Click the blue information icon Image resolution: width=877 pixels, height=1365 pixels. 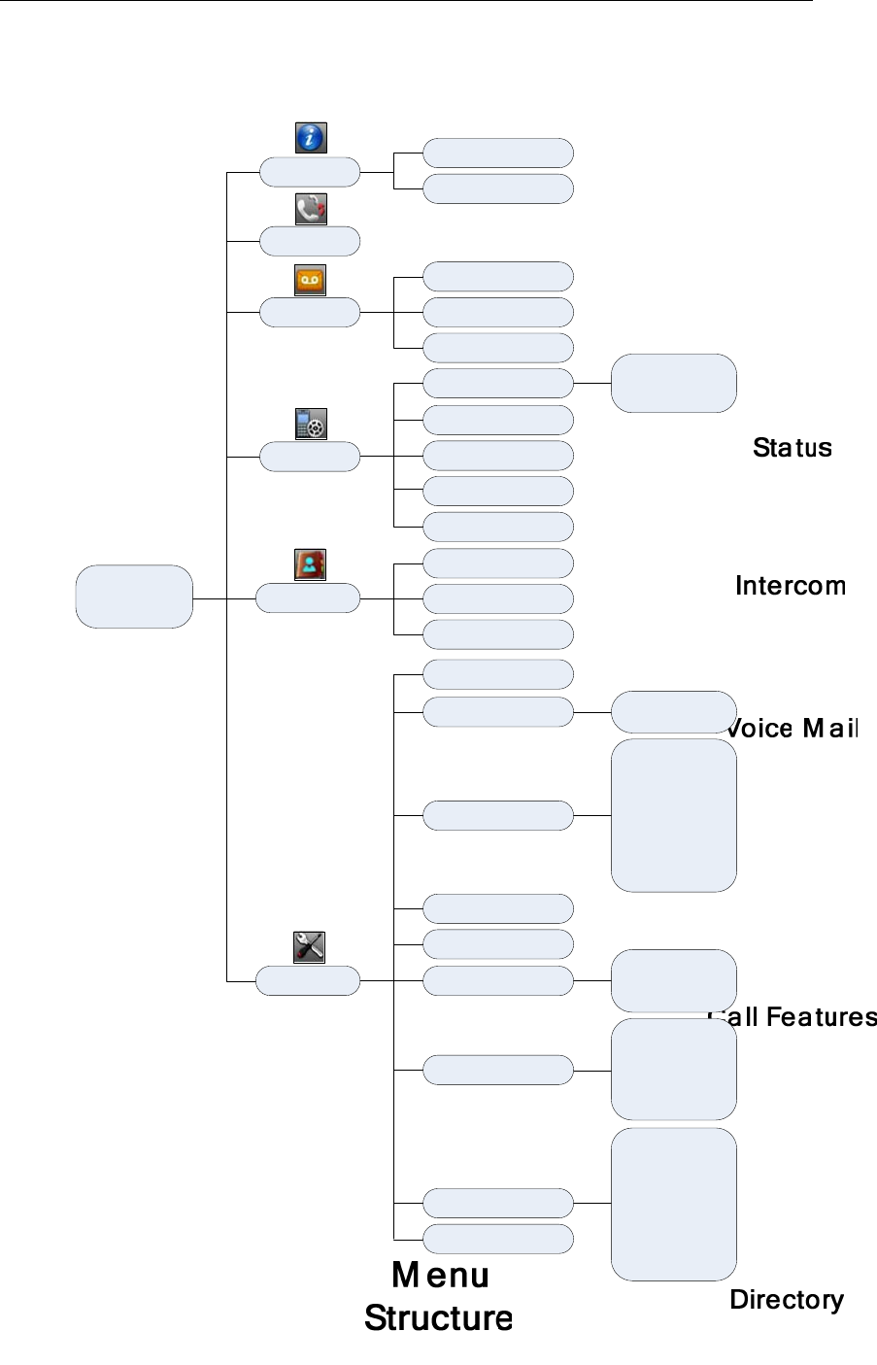point(310,138)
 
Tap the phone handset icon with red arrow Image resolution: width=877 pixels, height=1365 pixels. point(310,209)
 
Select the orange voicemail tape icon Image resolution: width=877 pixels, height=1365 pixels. point(310,280)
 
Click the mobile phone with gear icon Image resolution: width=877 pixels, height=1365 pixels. point(310,424)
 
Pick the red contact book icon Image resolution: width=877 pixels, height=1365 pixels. point(310,565)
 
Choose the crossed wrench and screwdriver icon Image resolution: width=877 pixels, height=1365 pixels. point(309,947)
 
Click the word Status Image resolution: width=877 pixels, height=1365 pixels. point(793,448)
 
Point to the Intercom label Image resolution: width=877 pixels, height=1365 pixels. point(791,586)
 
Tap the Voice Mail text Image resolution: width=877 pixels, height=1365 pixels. point(793,729)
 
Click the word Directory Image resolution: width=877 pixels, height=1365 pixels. point(787,1300)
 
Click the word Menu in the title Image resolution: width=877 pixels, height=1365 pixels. point(440,1275)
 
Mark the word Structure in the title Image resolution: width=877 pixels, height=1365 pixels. point(438,1318)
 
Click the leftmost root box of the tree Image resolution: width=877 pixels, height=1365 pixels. point(134,597)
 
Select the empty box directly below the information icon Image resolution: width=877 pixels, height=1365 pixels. point(310,172)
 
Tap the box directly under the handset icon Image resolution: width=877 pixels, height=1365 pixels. point(310,241)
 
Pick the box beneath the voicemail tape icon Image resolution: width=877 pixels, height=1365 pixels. point(310,313)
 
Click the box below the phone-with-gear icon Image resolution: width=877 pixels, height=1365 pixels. point(310,457)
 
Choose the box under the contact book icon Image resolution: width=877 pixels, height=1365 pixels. point(308,598)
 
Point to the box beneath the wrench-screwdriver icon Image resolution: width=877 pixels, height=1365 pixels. point(308,981)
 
